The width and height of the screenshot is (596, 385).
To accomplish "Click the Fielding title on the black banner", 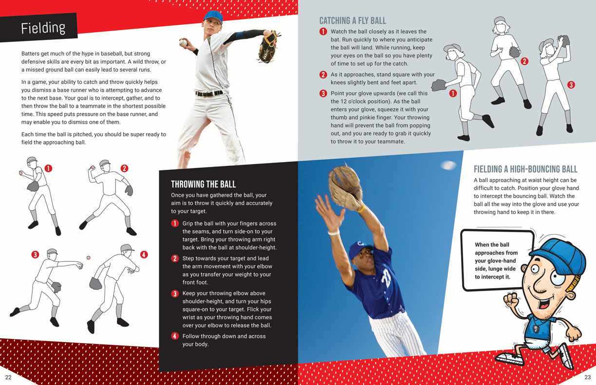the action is tap(43, 28).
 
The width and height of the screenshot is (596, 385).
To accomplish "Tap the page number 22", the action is tap(8, 377).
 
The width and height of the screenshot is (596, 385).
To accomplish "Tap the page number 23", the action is tap(588, 377).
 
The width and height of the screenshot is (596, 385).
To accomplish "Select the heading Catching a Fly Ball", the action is tap(353, 21).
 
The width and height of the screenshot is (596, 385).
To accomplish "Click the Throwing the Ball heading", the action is tap(203, 184).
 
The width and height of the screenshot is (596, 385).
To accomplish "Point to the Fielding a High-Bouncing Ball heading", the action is tap(525, 169).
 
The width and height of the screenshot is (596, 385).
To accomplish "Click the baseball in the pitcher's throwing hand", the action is tap(183, 42).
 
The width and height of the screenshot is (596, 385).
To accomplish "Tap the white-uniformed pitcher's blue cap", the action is tap(213, 17).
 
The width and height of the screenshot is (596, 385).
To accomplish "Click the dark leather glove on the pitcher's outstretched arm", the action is tap(268, 47).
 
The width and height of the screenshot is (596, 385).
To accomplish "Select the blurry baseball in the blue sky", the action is tap(448, 165).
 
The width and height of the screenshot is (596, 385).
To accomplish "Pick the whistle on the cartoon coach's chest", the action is tap(534, 329).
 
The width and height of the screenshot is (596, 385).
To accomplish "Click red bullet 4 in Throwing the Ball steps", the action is tap(174, 336).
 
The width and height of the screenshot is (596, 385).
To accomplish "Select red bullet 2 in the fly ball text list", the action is tap(323, 74).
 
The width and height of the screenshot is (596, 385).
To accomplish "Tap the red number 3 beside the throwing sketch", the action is tap(35, 255).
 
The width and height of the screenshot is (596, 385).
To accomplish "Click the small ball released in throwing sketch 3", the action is tap(88, 257).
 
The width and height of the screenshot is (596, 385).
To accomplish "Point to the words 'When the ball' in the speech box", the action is tap(492, 245).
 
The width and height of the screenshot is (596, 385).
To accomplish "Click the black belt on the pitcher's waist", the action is tap(209, 93).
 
